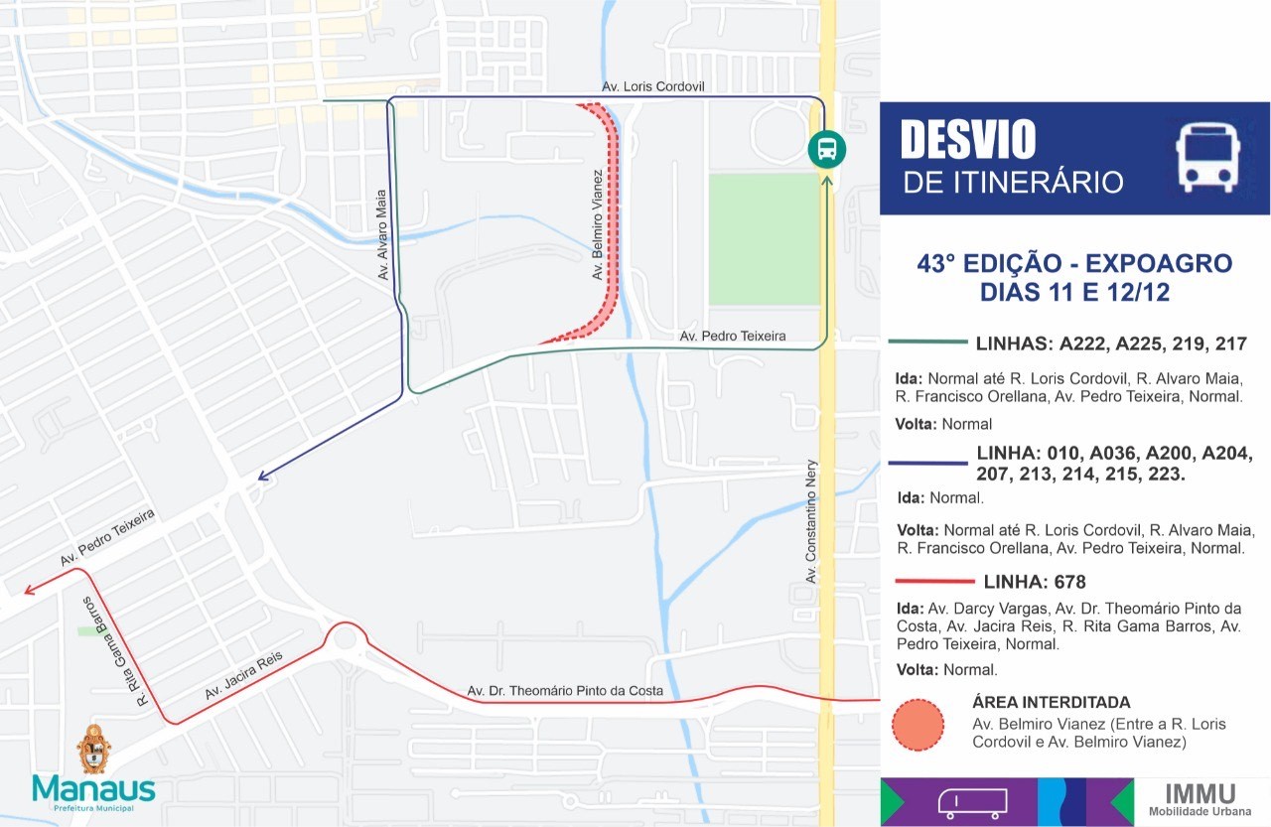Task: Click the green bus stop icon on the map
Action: [x=826, y=149]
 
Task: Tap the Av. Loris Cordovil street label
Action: [x=652, y=87]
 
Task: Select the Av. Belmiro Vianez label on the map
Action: [x=598, y=224]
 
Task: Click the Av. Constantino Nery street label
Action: [x=811, y=521]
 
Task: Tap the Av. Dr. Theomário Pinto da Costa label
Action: [x=565, y=691]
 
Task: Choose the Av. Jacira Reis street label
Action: [x=244, y=675]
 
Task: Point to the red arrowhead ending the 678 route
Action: [x=30, y=590]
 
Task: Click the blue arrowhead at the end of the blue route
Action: [x=263, y=476]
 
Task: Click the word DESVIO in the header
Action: [x=967, y=140]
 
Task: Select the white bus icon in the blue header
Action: [x=1205, y=157]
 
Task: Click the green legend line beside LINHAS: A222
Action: [x=927, y=343]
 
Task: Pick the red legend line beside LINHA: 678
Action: [x=934, y=581]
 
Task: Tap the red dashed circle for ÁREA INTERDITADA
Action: [x=918, y=725]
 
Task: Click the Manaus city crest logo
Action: [x=93, y=749]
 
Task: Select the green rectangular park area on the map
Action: [x=763, y=238]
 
